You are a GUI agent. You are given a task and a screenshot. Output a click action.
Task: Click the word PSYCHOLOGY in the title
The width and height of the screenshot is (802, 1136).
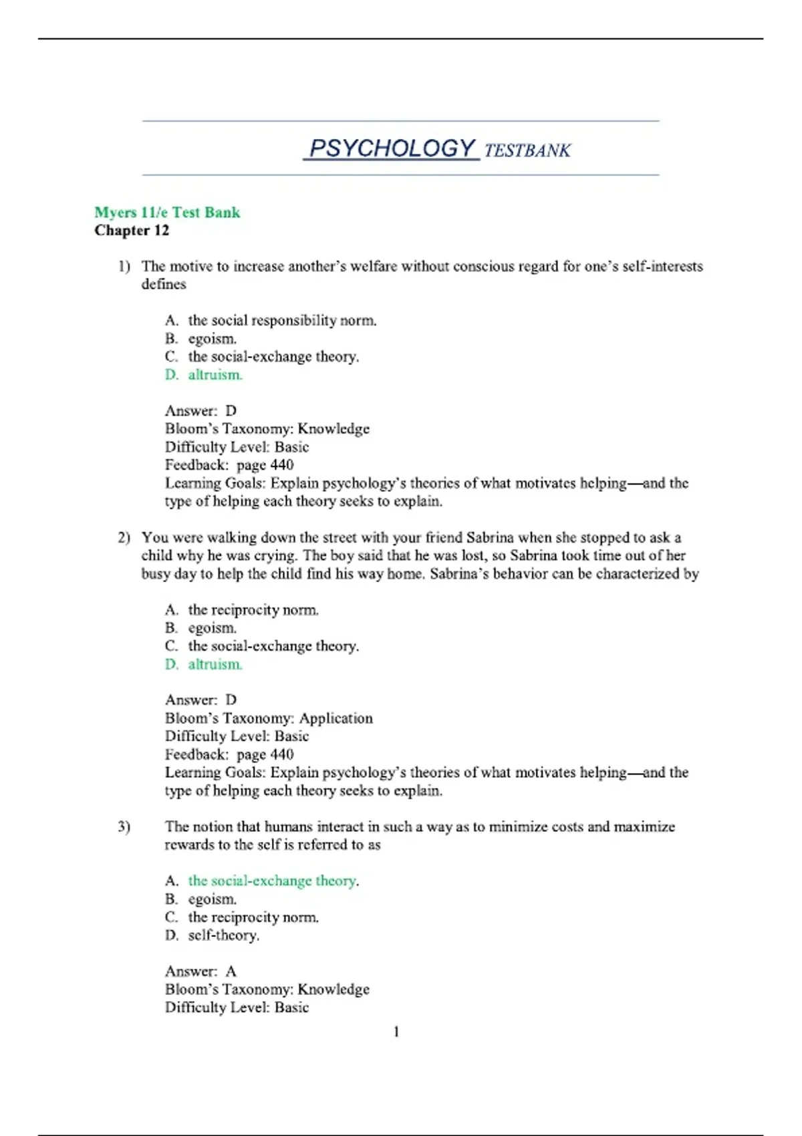tap(392, 148)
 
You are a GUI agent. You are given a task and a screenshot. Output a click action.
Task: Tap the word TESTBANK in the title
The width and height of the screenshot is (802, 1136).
tap(527, 150)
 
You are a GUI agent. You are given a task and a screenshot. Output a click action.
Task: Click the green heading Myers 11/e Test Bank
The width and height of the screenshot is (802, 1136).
tap(167, 212)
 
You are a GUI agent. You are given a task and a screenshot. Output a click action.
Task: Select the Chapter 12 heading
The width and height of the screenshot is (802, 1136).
tap(132, 231)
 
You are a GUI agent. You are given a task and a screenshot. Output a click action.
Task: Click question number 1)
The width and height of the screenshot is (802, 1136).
tap(124, 267)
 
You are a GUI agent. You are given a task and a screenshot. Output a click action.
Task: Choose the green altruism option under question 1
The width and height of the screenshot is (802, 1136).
tap(215, 375)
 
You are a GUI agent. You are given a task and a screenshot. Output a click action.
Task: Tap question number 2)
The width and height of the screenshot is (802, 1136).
tap(124, 538)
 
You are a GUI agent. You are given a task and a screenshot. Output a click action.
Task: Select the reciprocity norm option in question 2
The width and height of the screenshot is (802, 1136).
tap(253, 610)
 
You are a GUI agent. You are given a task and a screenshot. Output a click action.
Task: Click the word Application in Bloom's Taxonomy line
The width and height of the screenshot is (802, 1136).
tap(336, 718)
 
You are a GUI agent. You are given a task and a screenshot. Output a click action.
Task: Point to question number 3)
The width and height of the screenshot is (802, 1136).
tap(124, 827)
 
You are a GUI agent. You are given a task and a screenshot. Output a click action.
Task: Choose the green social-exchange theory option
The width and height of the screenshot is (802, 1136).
tap(273, 881)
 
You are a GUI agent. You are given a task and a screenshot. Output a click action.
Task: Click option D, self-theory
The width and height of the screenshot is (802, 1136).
tap(223, 936)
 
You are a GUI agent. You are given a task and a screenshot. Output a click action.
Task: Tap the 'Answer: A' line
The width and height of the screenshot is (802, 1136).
tap(200, 972)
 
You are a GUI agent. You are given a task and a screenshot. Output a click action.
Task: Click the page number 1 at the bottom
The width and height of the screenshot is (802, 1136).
tap(396, 1032)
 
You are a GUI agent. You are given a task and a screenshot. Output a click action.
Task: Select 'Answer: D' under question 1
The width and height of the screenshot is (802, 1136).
tap(200, 411)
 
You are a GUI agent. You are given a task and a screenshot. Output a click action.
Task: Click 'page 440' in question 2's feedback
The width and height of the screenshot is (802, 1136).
tap(265, 754)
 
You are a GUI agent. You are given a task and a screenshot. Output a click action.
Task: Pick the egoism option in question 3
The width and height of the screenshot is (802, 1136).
tap(212, 899)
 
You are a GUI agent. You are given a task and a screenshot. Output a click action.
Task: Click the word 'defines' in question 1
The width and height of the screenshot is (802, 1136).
tap(164, 285)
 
